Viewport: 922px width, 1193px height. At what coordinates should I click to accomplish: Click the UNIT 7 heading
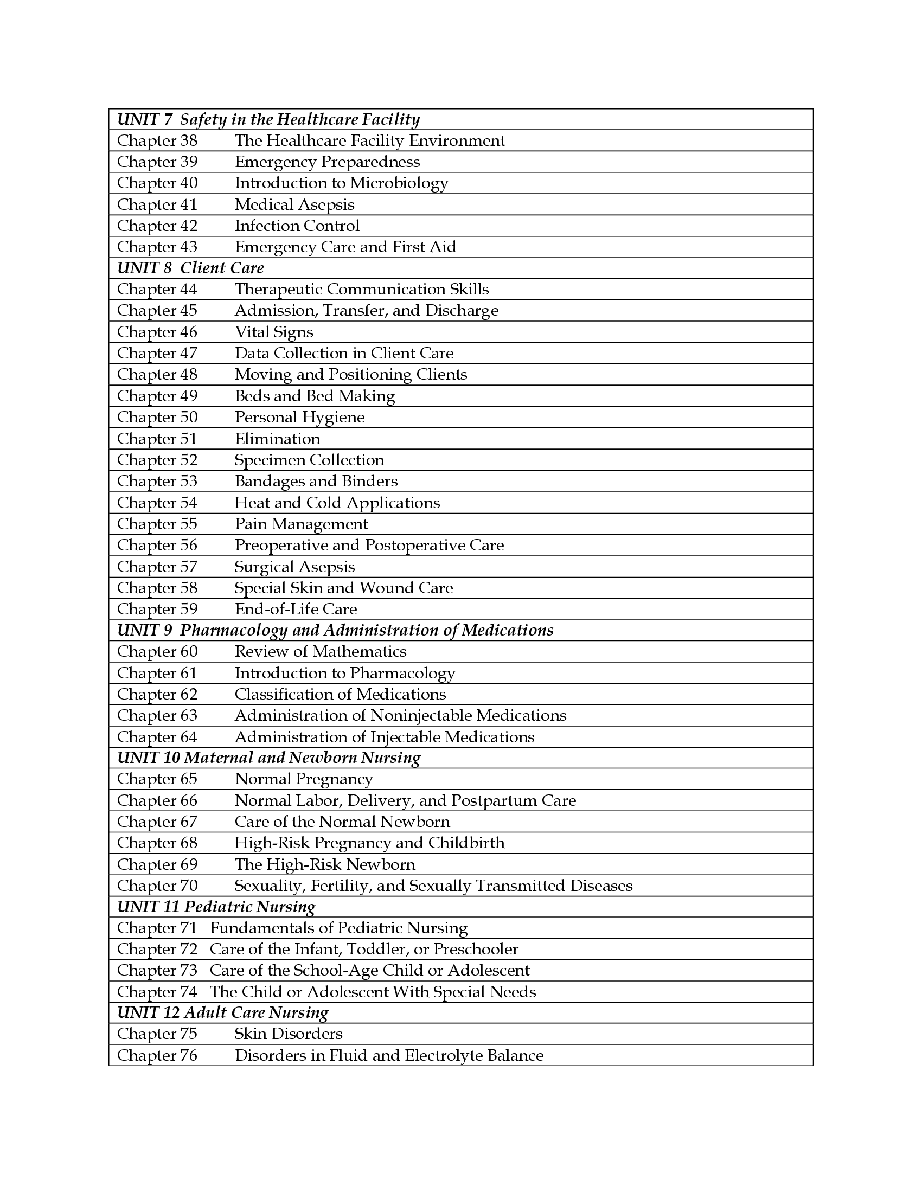(268, 120)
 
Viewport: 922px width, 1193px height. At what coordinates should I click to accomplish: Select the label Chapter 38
(157, 141)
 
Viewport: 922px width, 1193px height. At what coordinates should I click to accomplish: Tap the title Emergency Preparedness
(327, 162)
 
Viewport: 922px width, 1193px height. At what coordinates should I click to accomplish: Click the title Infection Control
(297, 226)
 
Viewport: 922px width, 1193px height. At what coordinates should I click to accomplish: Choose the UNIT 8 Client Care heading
(190, 268)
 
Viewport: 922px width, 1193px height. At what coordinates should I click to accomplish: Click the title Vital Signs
(274, 332)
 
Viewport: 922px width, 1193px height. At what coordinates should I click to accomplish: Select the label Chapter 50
(157, 418)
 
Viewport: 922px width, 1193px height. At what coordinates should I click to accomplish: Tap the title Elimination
(278, 439)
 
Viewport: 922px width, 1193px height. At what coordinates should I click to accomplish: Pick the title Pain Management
(301, 524)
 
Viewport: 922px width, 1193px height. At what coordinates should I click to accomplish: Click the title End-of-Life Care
(296, 609)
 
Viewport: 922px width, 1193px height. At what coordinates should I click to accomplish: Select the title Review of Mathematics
(321, 652)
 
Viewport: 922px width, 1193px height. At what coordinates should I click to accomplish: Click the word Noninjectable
(420, 716)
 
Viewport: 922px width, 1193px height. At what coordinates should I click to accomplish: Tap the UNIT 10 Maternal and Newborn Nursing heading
(268, 758)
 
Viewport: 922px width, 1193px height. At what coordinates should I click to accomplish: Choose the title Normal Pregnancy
(304, 779)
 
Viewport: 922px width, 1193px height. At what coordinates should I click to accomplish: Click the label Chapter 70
(157, 886)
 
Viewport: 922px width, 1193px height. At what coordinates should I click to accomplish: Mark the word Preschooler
(476, 950)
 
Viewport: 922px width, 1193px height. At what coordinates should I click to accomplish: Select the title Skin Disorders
(289, 1034)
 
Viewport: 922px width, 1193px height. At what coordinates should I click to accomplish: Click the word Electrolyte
(443, 1055)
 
